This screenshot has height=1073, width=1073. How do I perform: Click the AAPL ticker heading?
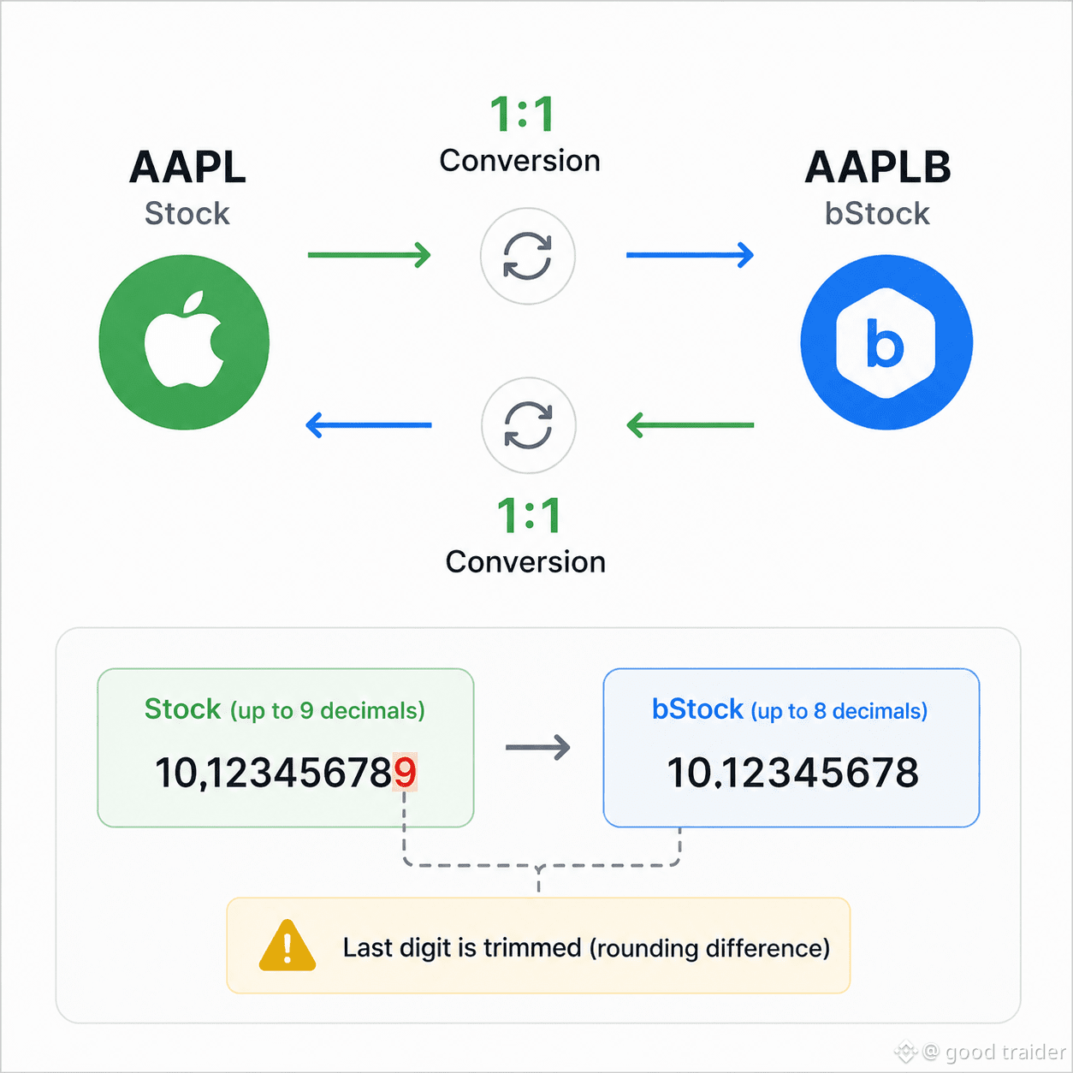coord(187,167)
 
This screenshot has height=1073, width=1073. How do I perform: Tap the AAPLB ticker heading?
coord(878,167)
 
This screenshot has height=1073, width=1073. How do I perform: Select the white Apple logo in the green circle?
coord(184,339)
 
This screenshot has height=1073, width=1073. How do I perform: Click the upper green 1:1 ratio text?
coord(522,114)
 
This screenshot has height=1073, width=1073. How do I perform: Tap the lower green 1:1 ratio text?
coord(529,515)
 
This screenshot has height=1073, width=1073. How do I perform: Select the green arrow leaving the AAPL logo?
coord(369,255)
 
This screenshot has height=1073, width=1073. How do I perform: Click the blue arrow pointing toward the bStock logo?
coord(690,255)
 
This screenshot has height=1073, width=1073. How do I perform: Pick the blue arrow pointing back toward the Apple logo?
coord(369,425)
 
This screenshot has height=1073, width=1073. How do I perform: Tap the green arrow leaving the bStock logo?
coord(690,425)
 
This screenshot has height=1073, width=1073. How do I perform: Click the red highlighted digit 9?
coord(405,772)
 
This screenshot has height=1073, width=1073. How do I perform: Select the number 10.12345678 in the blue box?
coord(793,773)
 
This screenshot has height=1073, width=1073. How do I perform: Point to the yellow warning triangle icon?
coord(288,946)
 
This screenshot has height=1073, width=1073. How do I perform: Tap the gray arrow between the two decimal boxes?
coord(538,747)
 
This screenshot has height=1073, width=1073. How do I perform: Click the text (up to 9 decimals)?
coord(328,711)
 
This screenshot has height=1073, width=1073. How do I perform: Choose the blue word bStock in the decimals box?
coord(697,708)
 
